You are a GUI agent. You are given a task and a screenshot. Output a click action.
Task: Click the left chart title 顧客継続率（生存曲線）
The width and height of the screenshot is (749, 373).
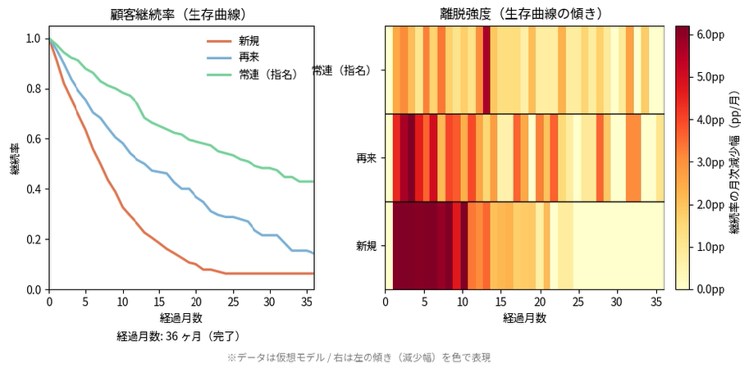coord(181,15)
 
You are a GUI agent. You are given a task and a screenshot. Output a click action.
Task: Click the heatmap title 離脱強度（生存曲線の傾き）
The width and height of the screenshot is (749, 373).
coord(524,15)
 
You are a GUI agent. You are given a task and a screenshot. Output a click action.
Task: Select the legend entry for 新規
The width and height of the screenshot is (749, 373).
coord(249,41)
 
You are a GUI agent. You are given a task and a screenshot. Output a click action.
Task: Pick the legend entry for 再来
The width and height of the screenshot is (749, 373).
coord(249,58)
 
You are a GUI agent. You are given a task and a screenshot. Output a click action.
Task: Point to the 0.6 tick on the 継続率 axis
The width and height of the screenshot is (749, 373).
coord(33,139)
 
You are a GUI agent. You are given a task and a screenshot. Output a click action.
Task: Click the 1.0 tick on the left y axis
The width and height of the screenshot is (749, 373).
coord(33,39)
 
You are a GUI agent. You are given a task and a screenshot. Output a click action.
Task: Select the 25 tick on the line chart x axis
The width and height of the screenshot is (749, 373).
coord(233,301)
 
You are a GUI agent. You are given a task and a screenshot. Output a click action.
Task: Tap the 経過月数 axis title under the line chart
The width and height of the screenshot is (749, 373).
coord(181,317)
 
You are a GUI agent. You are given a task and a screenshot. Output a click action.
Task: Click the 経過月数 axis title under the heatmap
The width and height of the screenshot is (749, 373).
coord(524,317)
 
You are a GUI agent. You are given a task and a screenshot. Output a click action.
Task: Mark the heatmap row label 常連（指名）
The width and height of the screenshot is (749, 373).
coord(345,71)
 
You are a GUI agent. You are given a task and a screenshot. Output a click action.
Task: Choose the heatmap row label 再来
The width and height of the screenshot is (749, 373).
coord(367,157)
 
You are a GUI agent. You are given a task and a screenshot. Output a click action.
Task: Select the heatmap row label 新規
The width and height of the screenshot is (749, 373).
coord(367,245)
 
